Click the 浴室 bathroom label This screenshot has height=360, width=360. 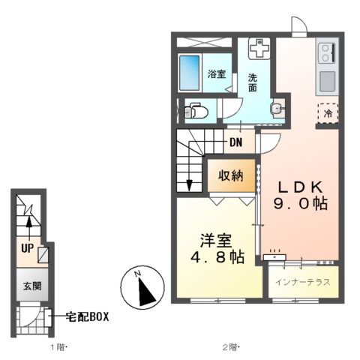point(217,73)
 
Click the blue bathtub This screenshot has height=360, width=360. point(190,73)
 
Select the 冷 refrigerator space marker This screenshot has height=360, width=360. point(328,113)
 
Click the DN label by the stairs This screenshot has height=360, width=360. point(235,142)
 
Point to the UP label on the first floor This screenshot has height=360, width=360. point(26,247)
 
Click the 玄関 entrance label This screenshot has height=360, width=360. point(29,286)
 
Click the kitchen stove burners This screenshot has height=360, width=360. point(328,52)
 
